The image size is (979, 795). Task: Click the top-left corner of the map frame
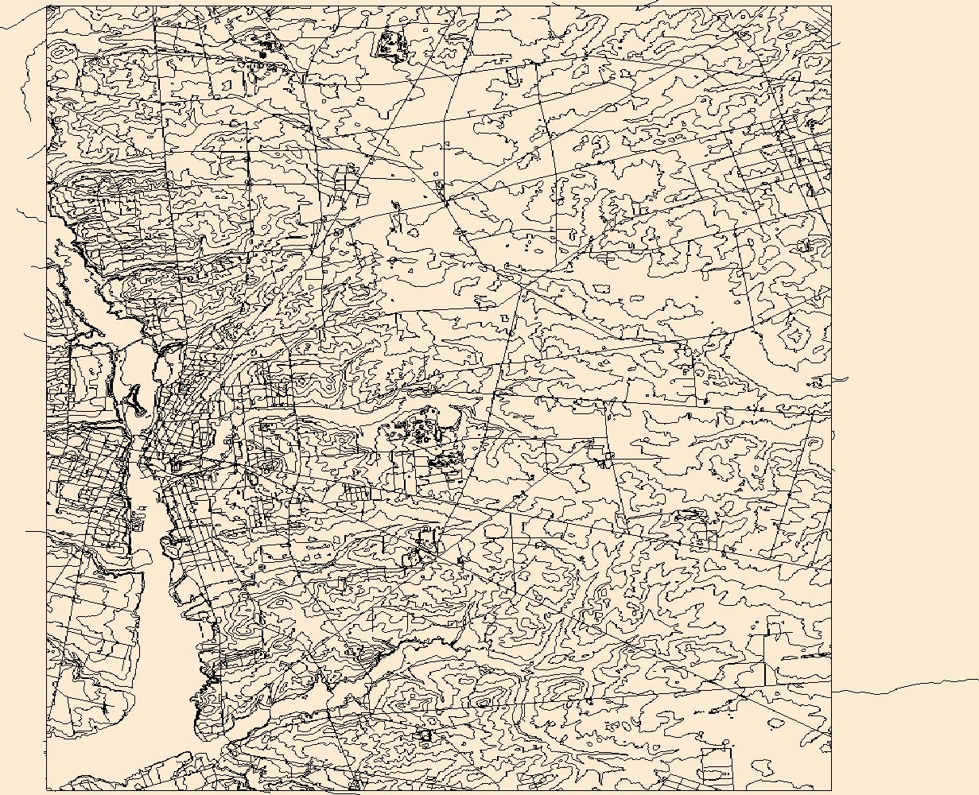(x=47, y=6)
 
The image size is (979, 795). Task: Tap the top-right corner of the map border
(x=831, y=6)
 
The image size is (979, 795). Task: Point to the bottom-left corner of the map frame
(x=47, y=790)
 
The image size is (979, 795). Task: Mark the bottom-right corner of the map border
(x=831, y=790)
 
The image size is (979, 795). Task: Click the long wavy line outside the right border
(x=907, y=684)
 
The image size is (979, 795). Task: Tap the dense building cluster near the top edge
(x=389, y=43)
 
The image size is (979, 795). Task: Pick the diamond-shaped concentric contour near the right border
(x=793, y=335)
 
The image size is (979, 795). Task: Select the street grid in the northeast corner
(x=787, y=159)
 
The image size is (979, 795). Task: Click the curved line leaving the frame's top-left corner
(x=24, y=20)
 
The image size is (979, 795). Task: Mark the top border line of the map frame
(x=437, y=6)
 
